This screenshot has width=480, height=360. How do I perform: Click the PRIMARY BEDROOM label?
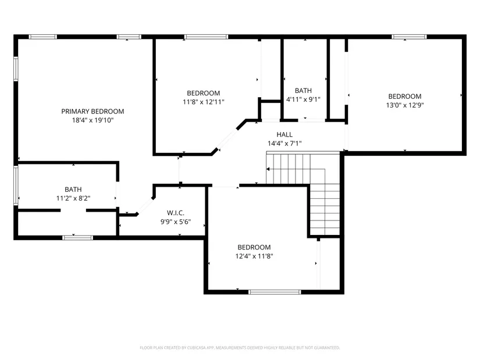[x=93, y=112]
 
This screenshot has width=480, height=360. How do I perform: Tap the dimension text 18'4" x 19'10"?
[x=93, y=120]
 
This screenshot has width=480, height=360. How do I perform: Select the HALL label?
[x=285, y=134]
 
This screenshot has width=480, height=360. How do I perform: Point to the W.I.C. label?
[x=176, y=213]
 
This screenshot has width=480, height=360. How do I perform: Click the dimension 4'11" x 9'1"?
[x=303, y=99]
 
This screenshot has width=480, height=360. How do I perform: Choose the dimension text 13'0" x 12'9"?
[x=405, y=105]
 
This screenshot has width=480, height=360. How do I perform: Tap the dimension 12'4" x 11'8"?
[x=254, y=256]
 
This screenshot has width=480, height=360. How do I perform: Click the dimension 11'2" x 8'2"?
[x=73, y=198]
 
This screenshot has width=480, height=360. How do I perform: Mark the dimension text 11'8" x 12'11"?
[x=204, y=102]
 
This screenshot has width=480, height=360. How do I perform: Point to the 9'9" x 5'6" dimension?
[x=176, y=222]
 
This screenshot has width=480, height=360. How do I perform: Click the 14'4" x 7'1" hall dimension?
[x=285, y=143]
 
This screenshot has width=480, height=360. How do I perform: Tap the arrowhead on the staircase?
[x=268, y=169]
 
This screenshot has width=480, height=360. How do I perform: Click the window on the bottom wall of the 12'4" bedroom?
[x=275, y=292]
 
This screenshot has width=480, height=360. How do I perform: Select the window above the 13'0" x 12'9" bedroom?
[x=409, y=37]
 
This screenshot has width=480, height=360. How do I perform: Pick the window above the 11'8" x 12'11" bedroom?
[x=206, y=37]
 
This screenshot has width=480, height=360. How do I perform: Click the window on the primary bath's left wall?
[x=16, y=185]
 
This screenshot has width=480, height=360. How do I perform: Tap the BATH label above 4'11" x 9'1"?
[x=303, y=91]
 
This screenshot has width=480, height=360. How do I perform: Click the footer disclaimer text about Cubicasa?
[x=240, y=348]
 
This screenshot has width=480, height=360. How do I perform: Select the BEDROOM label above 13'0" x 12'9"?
[x=405, y=97]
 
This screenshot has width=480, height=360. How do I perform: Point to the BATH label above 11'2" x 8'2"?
[x=73, y=190]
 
